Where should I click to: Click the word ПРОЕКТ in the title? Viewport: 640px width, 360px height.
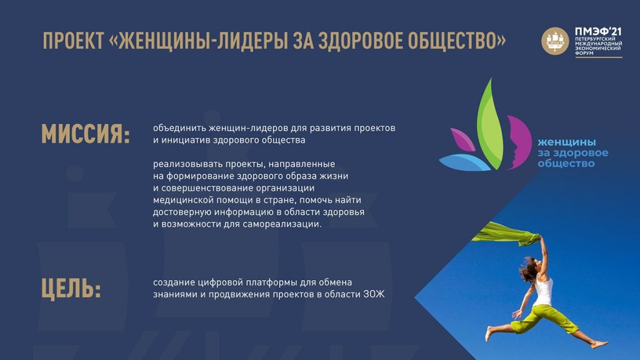click(74, 41)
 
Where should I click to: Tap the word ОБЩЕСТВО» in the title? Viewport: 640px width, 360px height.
click(457, 41)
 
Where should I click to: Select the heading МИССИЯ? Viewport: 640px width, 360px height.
click(86, 134)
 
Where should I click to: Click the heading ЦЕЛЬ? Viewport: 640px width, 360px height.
click(71, 289)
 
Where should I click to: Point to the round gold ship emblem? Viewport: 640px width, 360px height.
click(555, 41)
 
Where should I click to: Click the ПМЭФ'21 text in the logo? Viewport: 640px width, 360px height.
click(598, 32)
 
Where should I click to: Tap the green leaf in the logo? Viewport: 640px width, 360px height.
click(490, 124)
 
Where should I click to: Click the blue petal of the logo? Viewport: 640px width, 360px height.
click(464, 162)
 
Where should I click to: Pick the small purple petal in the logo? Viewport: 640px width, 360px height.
click(463, 139)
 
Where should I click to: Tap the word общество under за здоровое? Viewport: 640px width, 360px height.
click(566, 164)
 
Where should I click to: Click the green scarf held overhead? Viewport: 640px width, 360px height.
click(506, 235)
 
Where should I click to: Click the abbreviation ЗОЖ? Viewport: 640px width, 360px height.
click(374, 294)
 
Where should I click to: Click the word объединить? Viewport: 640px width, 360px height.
click(179, 128)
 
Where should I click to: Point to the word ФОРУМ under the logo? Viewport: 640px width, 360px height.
click(584, 53)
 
